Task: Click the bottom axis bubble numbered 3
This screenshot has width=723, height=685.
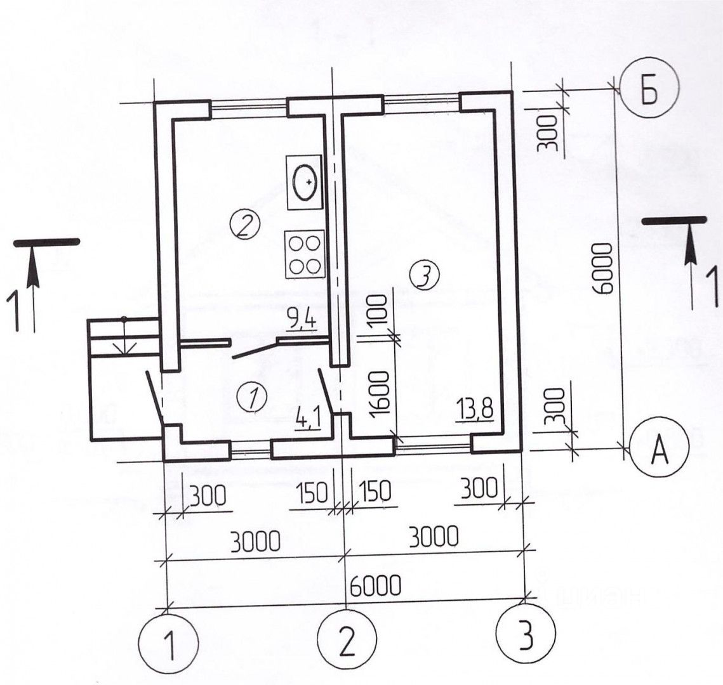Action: [526, 635]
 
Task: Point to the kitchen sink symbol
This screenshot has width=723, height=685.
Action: [305, 183]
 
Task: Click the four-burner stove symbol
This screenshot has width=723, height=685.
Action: [304, 254]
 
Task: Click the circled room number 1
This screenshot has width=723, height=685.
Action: [252, 398]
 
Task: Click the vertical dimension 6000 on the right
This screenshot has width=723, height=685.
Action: [602, 267]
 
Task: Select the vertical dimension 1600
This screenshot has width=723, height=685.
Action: [378, 393]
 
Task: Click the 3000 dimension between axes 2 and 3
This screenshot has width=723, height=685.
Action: [433, 538]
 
